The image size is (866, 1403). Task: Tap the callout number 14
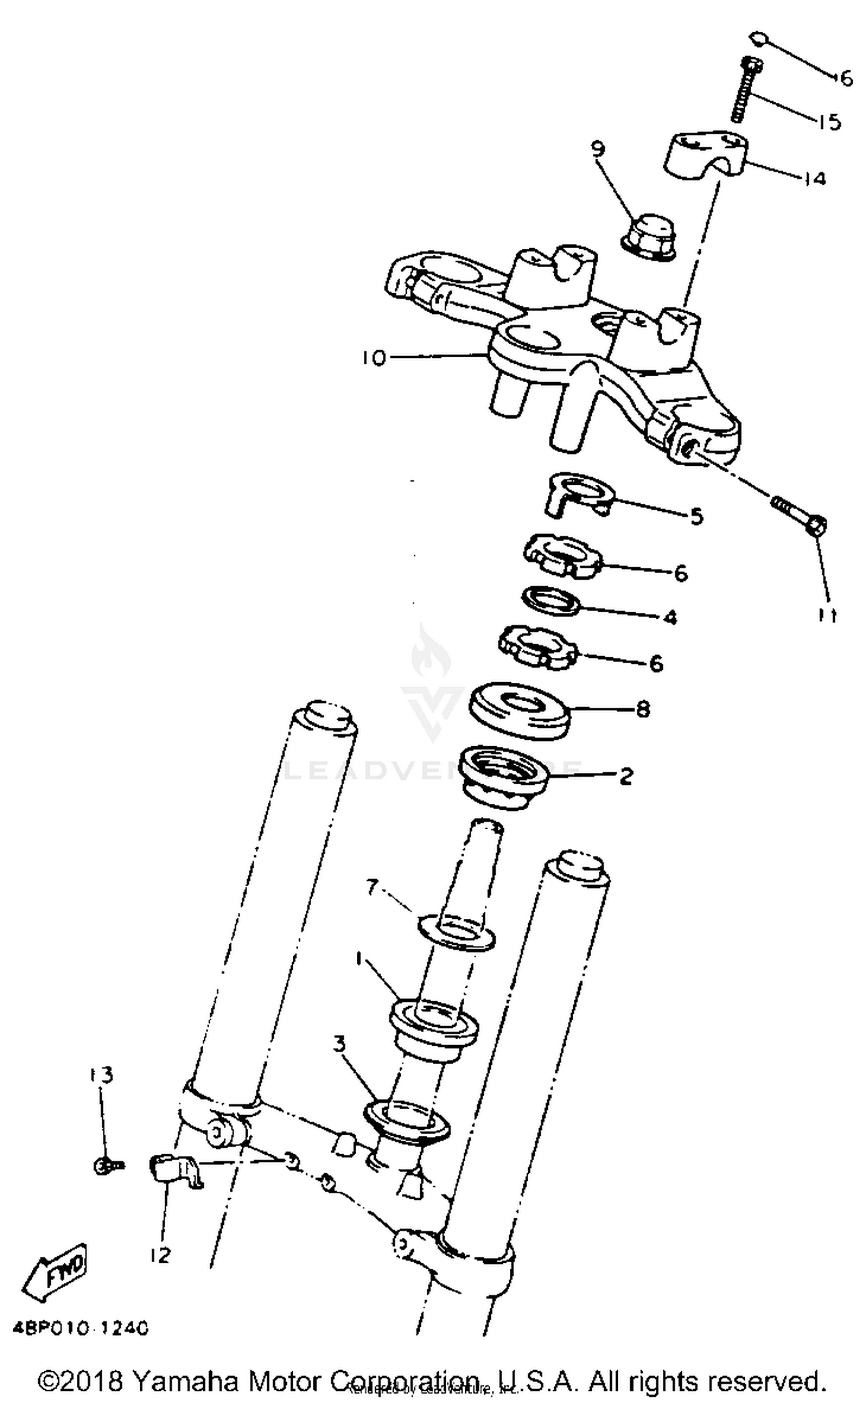(814, 178)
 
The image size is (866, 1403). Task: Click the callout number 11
(827, 616)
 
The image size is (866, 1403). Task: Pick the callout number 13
(102, 1075)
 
